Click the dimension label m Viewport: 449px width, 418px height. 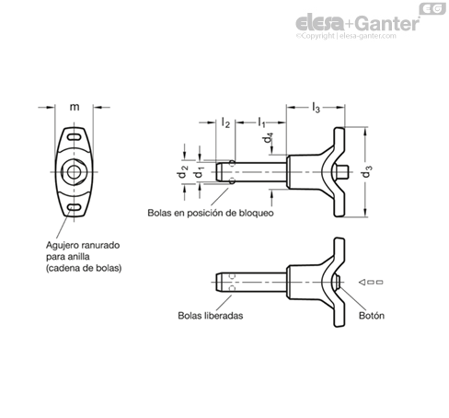[x=75, y=107]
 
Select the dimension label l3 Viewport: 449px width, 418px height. [x=316, y=108]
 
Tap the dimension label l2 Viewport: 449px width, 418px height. [x=225, y=122]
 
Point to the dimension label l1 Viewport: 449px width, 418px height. [x=261, y=122]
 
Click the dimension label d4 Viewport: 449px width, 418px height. [x=268, y=138]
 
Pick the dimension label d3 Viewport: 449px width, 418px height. [x=366, y=171]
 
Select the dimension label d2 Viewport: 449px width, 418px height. [x=182, y=171]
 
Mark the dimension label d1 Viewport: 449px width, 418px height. [x=200, y=172]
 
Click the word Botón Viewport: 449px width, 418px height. [x=372, y=316]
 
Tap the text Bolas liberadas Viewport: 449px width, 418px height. [x=211, y=316]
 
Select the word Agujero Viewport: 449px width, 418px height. [x=64, y=246]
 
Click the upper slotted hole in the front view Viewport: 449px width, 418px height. [x=74, y=137]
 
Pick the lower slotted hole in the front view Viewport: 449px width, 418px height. [x=74, y=207]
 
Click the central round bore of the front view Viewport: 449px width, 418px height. [x=74, y=172]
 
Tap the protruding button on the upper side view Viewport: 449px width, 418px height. [x=342, y=172]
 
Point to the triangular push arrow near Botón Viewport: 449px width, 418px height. [x=363, y=282]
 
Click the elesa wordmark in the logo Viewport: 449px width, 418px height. [x=319, y=23]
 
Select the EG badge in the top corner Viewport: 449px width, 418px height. [x=432, y=8]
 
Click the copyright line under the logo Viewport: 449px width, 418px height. [x=346, y=36]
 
